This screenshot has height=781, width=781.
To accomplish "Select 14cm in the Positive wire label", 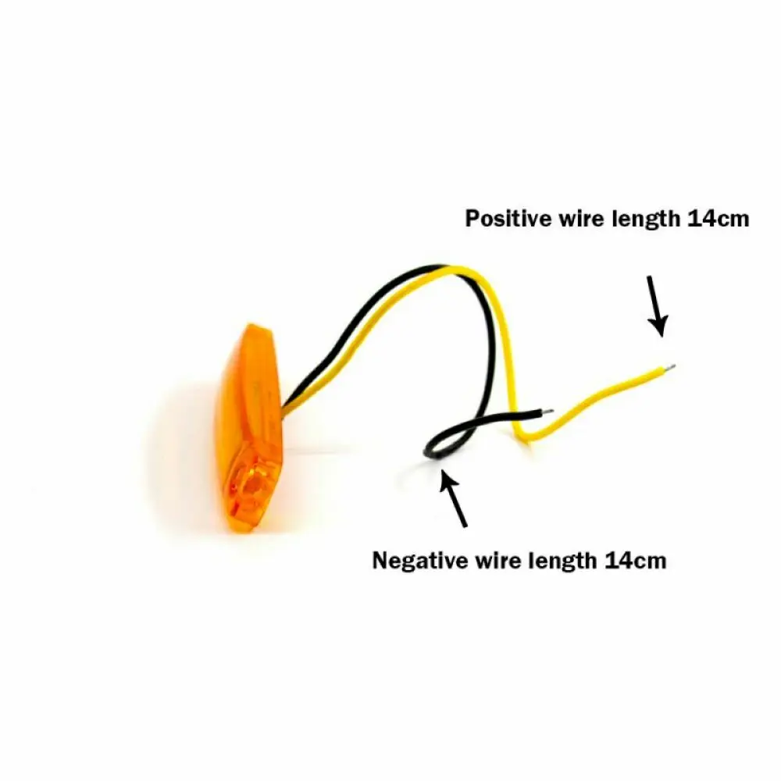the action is tap(718, 219).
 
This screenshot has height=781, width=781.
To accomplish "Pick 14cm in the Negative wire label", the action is tap(635, 560).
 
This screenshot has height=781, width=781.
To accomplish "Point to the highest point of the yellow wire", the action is tap(461, 269).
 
